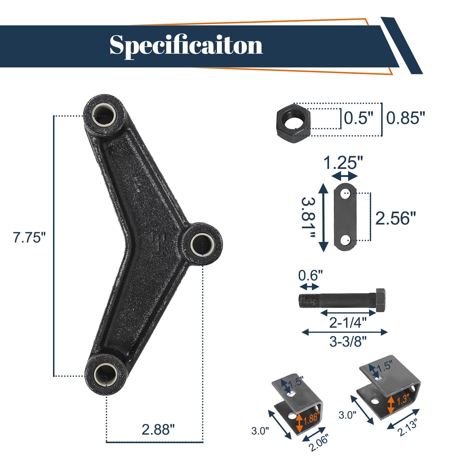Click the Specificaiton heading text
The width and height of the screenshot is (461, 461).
pos(186,46)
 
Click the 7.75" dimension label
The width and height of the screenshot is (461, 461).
pos(29,238)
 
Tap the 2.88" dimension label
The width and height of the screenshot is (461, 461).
pos(158,430)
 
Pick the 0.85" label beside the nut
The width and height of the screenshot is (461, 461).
pos(405,118)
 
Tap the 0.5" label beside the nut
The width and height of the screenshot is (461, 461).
pos(359,118)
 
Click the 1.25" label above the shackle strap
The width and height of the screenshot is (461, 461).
pos(343,163)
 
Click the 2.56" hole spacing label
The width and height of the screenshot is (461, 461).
pos(396,218)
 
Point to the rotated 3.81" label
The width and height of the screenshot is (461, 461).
pos(308,218)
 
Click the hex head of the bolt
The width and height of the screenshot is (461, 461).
pos(380,300)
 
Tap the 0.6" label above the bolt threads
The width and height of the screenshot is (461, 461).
pos(310,275)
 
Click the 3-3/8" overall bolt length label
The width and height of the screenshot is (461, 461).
pos(348,342)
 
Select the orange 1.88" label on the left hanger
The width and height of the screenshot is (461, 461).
pos(311,418)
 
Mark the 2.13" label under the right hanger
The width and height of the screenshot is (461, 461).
pos(407,428)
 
